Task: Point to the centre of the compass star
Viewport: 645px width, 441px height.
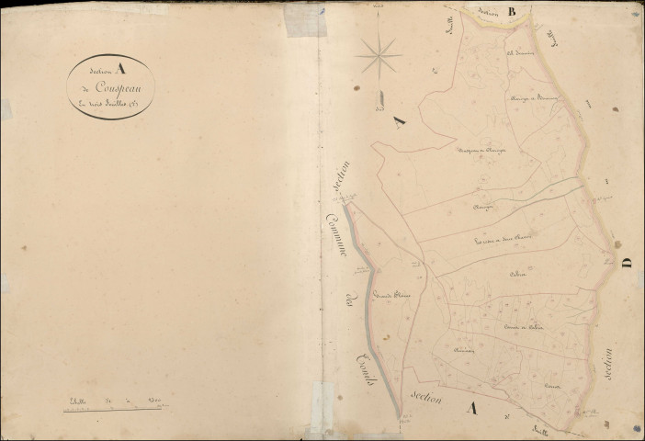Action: [379, 56]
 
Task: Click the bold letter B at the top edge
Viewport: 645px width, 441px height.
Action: [513, 11]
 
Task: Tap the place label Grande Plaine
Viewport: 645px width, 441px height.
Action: [391, 296]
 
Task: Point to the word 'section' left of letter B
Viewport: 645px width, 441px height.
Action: [487, 13]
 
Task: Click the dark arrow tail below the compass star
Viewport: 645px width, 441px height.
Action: [378, 96]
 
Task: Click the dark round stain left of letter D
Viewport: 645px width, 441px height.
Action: [617, 245]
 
